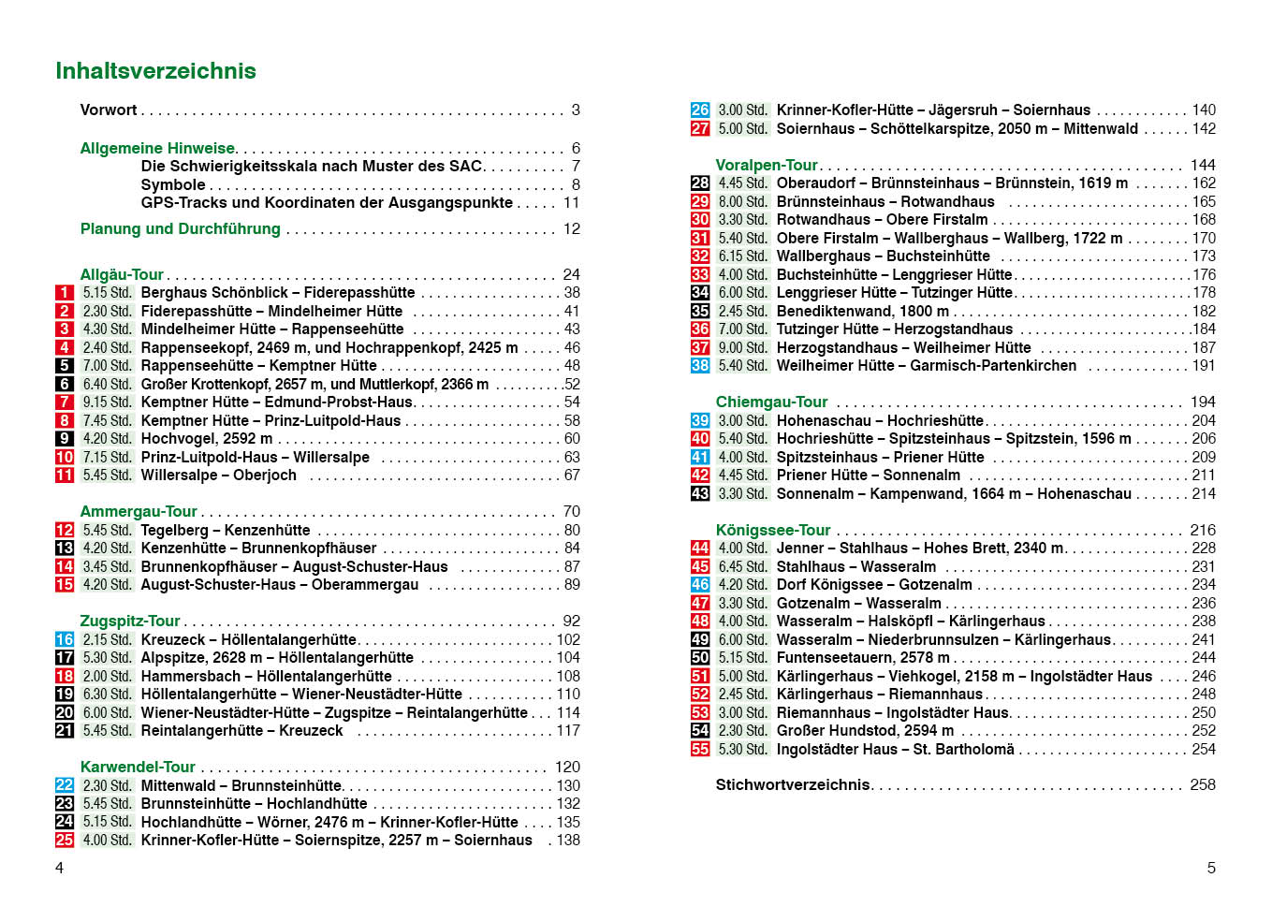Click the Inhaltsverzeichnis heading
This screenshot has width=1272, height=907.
point(155,71)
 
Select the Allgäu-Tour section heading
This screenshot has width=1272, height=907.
point(122,274)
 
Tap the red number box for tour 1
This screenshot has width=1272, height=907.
point(64,293)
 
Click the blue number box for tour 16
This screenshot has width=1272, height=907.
point(64,639)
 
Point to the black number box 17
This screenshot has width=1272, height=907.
point(64,658)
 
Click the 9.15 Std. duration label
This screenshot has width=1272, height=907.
point(107,402)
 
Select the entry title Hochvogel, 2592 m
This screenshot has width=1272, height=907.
point(207,439)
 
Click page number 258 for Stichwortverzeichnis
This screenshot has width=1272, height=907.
point(1203,785)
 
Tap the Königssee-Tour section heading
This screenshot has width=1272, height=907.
point(773,530)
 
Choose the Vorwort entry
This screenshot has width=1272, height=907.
point(109,110)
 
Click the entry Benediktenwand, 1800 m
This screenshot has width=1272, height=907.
point(862,311)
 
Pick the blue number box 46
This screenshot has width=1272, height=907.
point(700,585)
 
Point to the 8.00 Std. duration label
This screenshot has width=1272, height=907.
point(742,202)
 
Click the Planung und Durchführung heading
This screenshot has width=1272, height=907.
point(181,229)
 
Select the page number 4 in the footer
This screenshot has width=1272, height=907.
point(60,868)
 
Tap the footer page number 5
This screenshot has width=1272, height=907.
point(1211,868)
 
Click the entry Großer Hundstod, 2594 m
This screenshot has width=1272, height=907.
point(865,731)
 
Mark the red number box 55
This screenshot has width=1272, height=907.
point(700,749)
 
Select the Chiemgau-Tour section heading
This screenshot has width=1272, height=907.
point(771,402)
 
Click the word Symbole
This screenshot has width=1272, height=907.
point(173,185)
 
